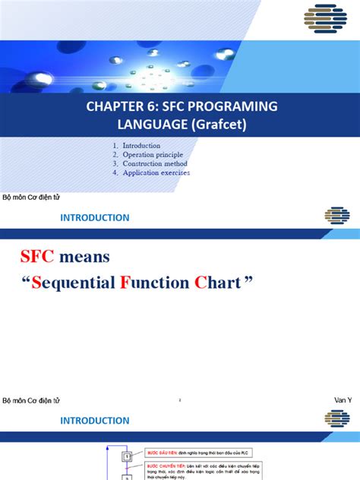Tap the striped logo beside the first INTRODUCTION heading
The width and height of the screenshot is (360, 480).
coord(337,216)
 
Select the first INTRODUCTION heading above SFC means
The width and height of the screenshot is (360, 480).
coord(95,218)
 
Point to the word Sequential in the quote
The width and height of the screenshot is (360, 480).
coord(74,283)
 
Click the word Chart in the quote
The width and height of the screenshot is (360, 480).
coord(221,283)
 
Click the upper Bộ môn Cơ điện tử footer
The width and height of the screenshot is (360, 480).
coord(31,197)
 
